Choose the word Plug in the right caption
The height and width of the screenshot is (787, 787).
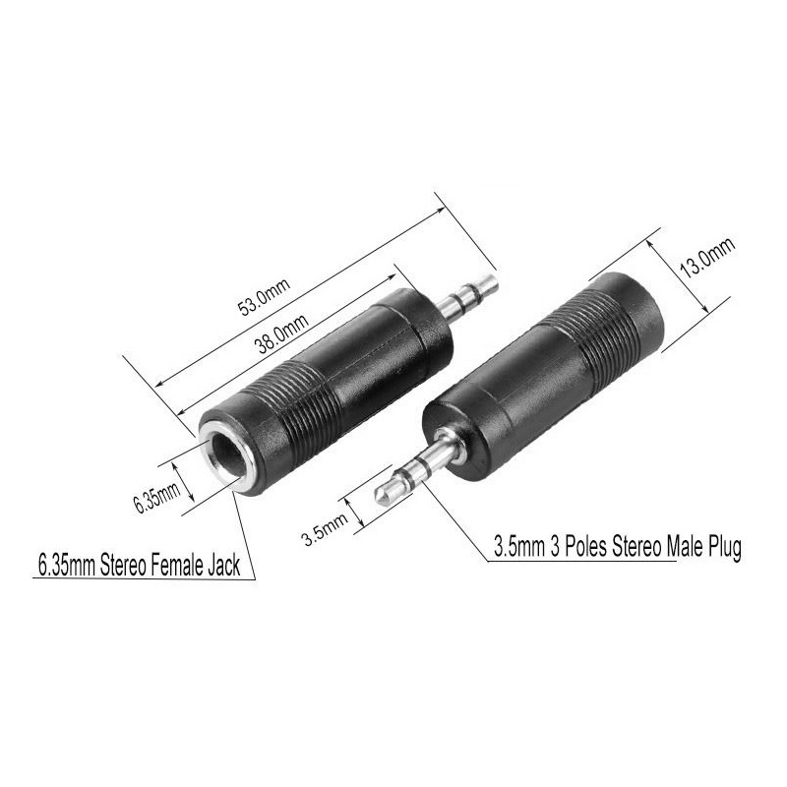click(721, 547)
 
